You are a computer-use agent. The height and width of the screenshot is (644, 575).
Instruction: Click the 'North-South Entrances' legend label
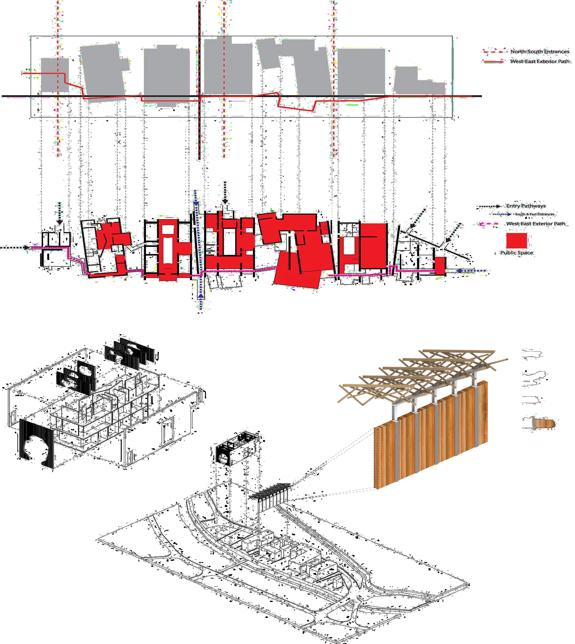point(540,51)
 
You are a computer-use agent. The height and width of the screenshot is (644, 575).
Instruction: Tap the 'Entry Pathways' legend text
point(526,206)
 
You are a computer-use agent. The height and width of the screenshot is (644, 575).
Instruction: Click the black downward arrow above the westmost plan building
point(59,213)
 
